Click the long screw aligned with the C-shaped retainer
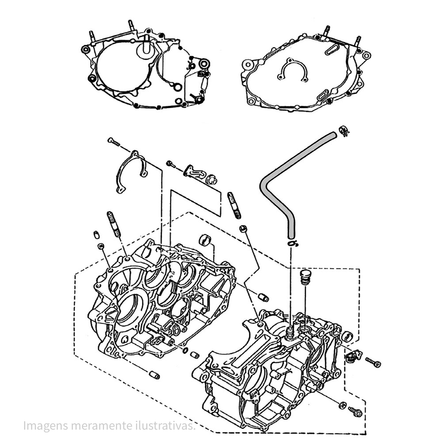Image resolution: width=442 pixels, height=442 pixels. [114, 142]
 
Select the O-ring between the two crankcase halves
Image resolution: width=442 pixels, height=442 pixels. [183, 351]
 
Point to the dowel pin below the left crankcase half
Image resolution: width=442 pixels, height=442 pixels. [154, 375]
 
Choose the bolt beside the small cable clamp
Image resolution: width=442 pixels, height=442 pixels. [373, 363]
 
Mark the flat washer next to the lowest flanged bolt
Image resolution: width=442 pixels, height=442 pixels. [343, 405]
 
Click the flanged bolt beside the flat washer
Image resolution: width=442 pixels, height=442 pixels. [356, 412]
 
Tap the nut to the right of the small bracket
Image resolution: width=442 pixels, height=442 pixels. [212, 179]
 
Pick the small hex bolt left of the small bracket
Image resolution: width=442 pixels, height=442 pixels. [171, 164]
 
